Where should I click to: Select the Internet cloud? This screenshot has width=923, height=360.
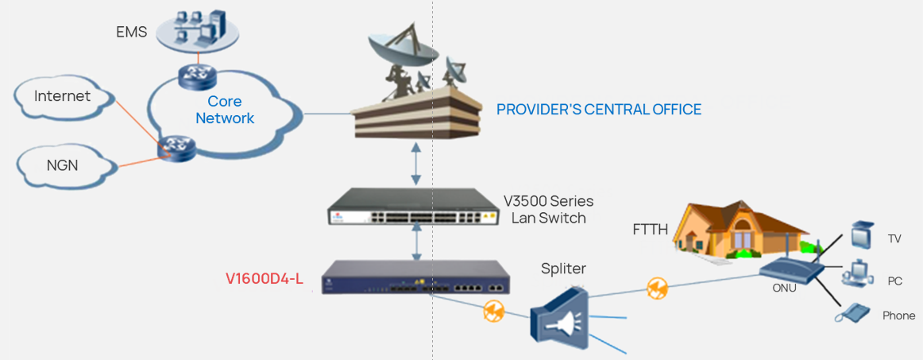62,96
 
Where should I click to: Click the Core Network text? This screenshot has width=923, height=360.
225,110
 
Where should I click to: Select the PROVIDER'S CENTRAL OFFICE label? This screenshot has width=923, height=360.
599,110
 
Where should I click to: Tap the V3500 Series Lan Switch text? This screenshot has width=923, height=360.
548,209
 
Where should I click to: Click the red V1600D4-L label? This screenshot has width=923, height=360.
265,279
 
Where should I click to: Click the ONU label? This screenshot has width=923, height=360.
784,288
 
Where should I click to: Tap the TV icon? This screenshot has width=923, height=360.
860,236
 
